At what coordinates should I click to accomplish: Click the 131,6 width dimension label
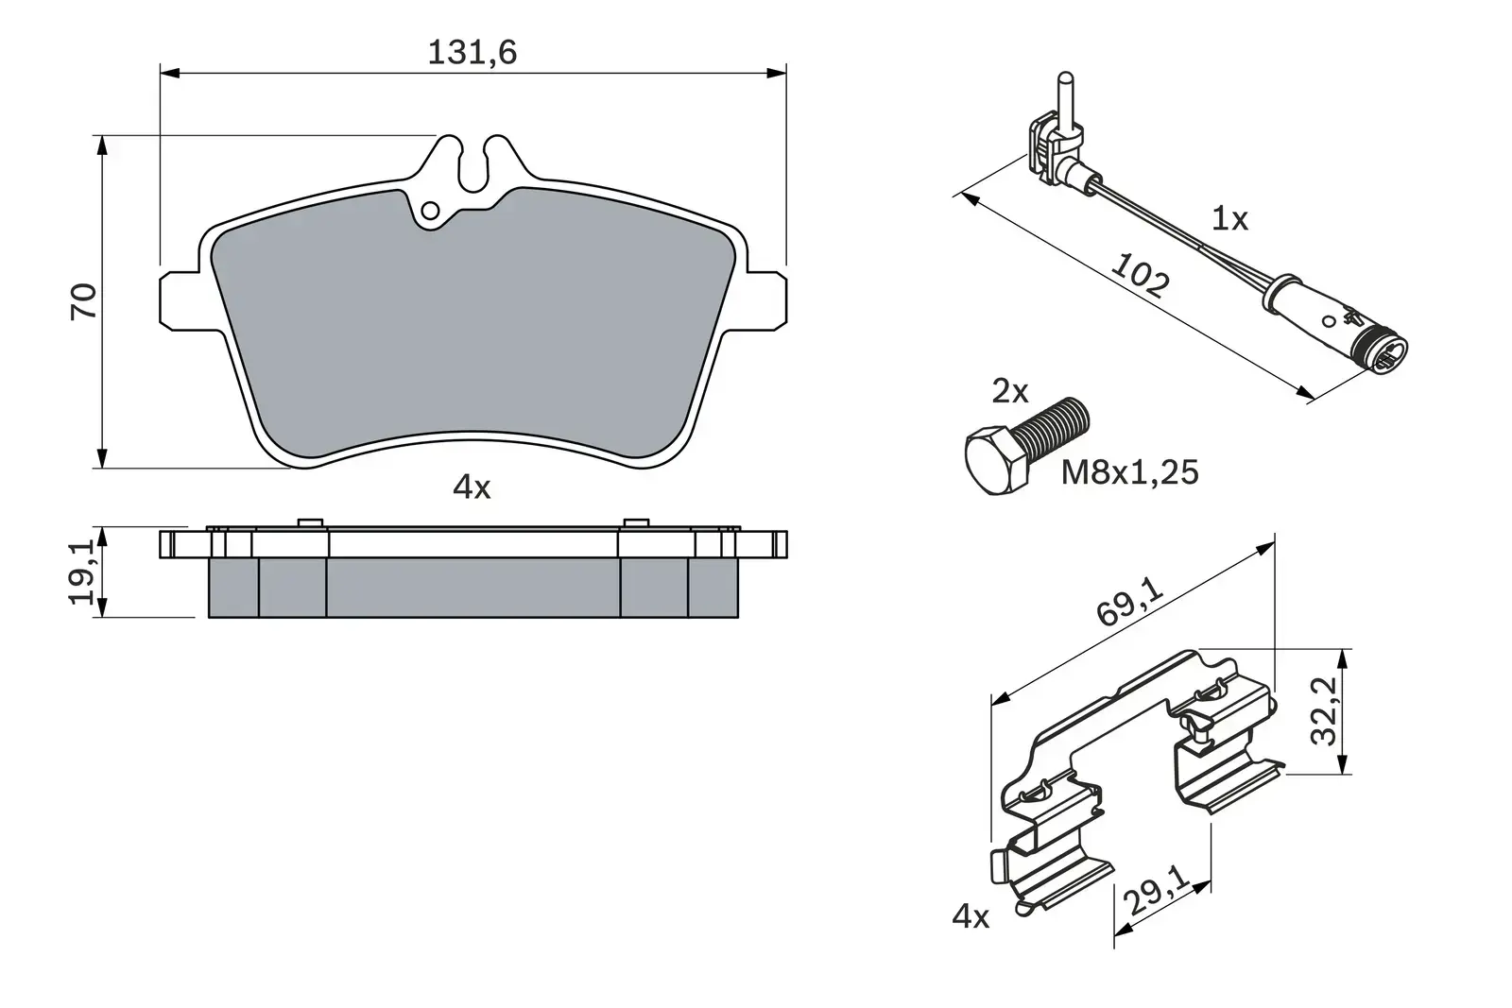click(472, 53)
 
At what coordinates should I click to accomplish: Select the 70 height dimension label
click(85, 300)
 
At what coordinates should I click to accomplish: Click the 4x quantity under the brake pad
click(472, 487)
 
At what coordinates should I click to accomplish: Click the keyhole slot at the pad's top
click(473, 164)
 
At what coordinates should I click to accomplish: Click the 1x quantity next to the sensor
click(1229, 219)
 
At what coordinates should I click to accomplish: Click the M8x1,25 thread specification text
click(1129, 471)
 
